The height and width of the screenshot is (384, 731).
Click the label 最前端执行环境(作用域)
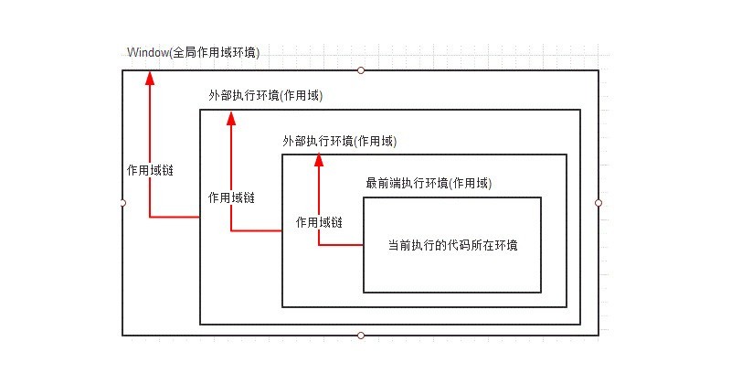click(x=429, y=183)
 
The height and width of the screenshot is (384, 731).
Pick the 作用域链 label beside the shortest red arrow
click(x=320, y=222)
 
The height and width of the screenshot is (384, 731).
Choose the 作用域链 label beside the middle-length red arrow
click(x=231, y=197)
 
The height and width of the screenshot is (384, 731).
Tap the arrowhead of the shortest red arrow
click(x=320, y=161)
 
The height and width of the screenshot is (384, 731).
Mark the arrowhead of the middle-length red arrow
click(x=231, y=117)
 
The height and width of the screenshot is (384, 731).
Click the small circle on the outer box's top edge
click(x=361, y=70)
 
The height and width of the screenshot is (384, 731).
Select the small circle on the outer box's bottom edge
click(x=361, y=336)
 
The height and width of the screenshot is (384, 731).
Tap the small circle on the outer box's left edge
click(x=122, y=203)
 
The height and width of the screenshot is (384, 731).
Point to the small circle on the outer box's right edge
click(x=599, y=203)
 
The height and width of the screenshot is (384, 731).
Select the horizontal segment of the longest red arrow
click(x=175, y=217)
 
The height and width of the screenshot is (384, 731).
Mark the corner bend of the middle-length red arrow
click(x=231, y=230)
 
